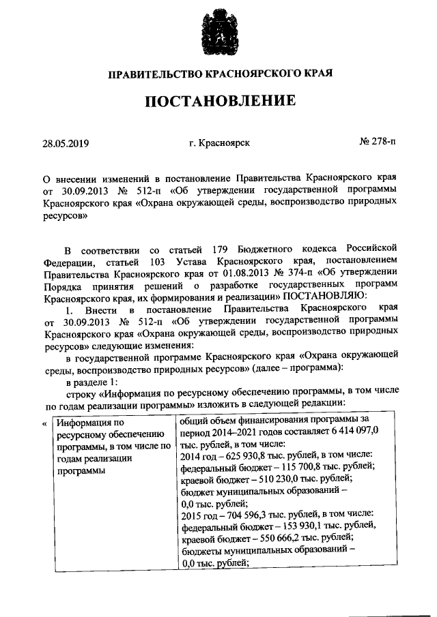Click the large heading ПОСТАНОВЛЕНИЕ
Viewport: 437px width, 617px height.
pos(218,102)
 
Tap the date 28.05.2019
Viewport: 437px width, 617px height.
pos(65,143)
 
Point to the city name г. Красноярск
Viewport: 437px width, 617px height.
pos(219,143)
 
